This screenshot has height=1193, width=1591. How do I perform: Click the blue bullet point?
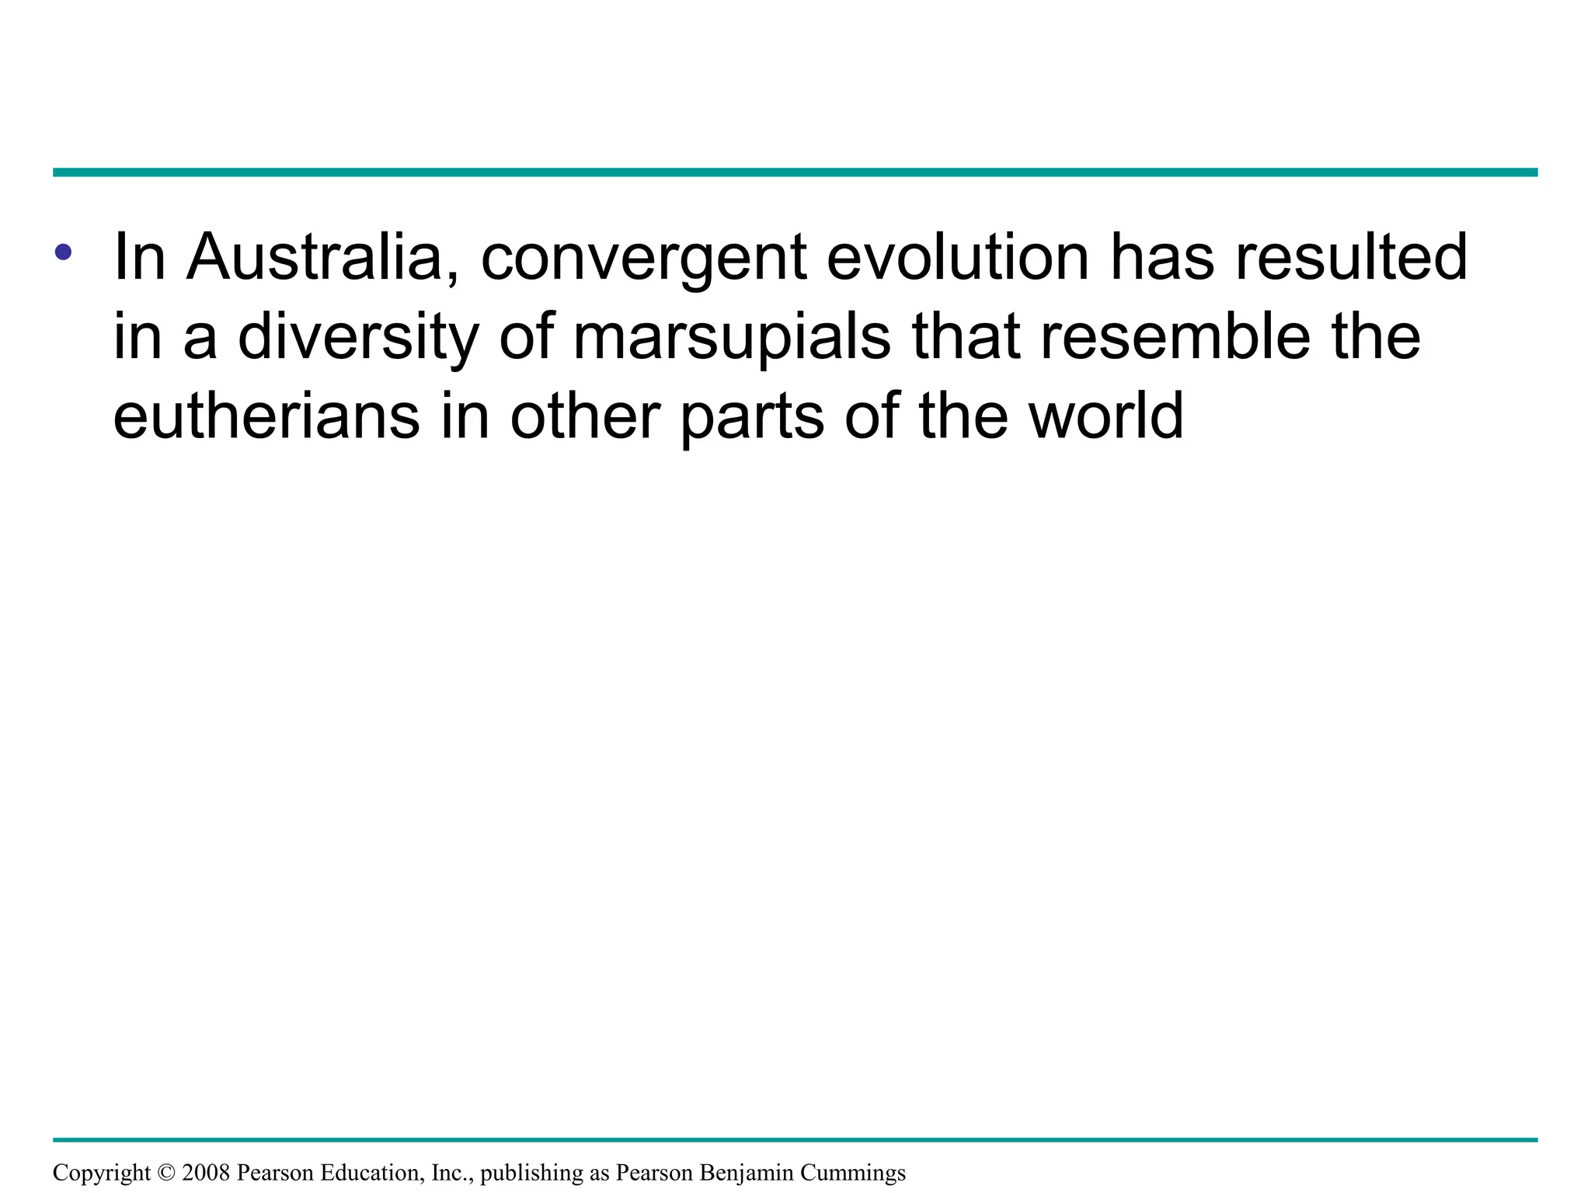[64, 252]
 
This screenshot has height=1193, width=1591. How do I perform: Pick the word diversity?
[358, 339]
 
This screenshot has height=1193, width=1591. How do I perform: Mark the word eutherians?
[266, 416]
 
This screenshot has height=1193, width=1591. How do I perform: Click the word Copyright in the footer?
[102, 1174]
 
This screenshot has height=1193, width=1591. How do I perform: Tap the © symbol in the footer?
[166, 1173]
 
